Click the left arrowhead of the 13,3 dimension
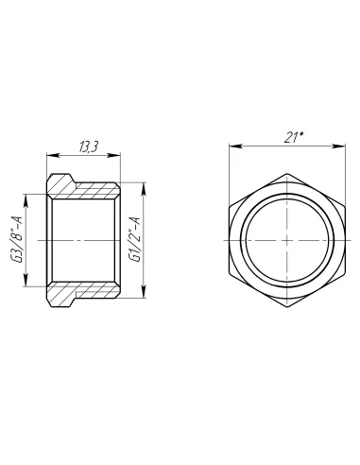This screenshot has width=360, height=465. pos(49,155)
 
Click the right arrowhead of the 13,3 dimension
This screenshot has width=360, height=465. pos(116,155)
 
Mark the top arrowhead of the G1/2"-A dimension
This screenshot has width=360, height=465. pos(143,185)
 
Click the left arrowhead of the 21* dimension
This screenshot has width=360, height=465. pos(231,146)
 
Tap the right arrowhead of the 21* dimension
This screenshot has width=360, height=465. pos(341,146)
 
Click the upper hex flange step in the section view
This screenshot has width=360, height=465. pos(60,181)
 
